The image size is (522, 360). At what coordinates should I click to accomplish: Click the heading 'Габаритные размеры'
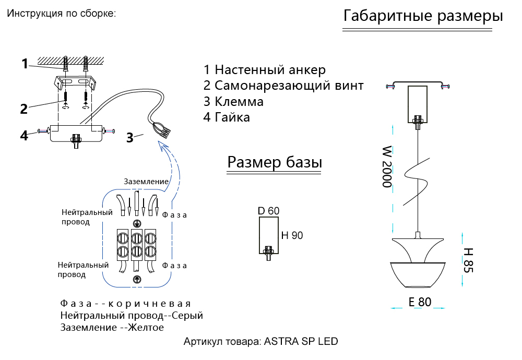coord(423,16)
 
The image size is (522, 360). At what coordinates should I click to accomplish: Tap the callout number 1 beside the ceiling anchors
coord(25,64)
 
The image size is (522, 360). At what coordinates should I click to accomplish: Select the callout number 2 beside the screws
coord(23,109)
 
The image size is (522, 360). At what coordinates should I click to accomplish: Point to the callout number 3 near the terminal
coord(129,138)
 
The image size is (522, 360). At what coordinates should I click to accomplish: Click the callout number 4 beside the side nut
coord(24,135)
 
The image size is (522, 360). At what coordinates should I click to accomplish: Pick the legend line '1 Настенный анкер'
coord(265,70)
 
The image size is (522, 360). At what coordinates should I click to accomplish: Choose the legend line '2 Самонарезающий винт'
coord(283,86)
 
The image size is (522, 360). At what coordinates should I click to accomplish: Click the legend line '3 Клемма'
coord(233,101)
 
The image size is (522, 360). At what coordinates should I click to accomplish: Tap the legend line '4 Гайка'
coord(227,117)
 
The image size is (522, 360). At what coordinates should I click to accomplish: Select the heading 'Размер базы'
coord(275,162)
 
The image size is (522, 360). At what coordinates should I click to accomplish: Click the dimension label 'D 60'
coord(268,211)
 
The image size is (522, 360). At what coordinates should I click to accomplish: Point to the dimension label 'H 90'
coord(292,235)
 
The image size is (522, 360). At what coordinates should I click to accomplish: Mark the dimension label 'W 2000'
coord(386,167)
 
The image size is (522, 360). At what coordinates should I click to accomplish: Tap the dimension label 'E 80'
coord(420,302)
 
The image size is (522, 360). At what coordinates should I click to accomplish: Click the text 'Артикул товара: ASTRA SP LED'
coord(260,342)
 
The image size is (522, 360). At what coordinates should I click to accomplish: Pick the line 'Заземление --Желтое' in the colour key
coord(112,328)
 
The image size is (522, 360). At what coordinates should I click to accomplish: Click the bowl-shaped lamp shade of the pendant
coord(418,274)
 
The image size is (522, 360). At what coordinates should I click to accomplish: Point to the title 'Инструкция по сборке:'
coord(61,14)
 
